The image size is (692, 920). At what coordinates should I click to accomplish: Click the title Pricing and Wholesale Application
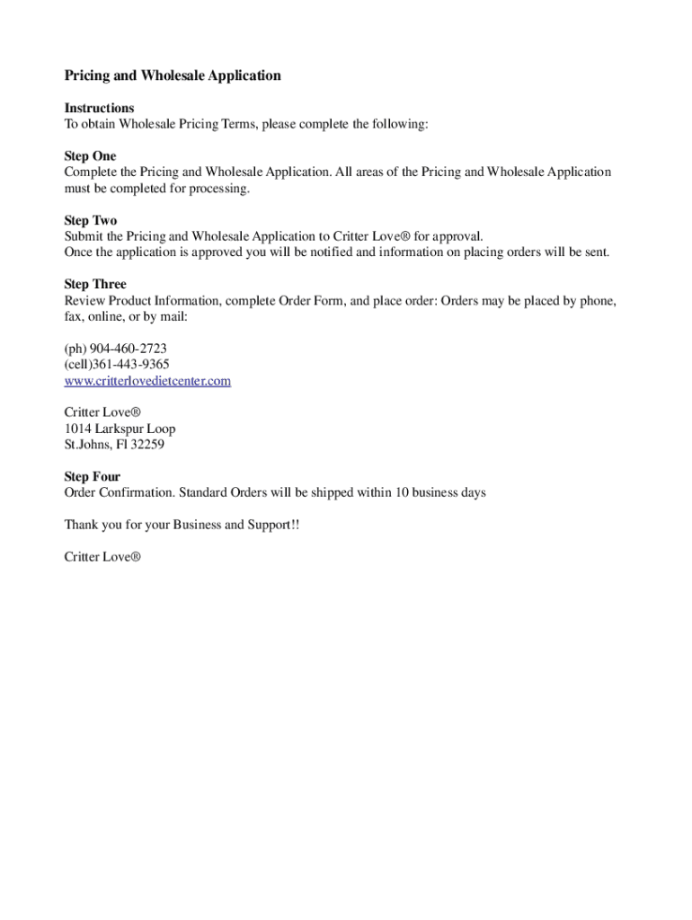click(x=173, y=75)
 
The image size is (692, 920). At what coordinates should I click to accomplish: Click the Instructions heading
click(x=99, y=108)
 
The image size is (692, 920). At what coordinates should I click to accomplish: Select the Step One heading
click(x=90, y=156)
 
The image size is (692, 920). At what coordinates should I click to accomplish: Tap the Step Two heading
click(x=91, y=220)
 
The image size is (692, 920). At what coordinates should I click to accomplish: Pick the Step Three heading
click(x=95, y=285)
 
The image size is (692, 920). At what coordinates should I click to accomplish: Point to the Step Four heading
click(x=92, y=477)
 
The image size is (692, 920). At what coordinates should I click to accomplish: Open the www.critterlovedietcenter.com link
click(x=147, y=381)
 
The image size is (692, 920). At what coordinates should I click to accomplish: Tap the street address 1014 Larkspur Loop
click(x=120, y=429)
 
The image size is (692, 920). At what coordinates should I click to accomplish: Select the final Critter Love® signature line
click(x=102, y=557)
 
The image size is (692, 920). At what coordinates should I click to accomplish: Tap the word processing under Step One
click(x=217, y=189)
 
